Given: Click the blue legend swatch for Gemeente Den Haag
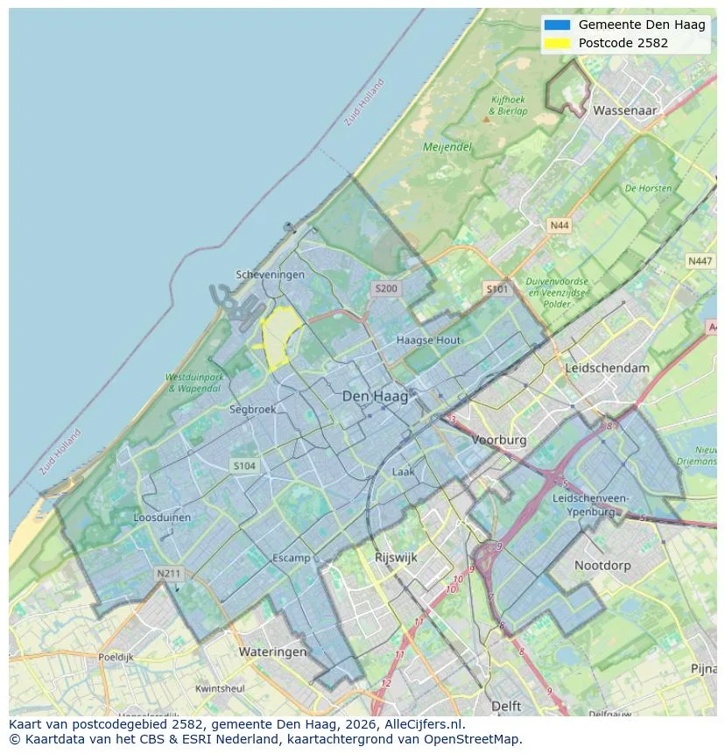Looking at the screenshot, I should (x=556, y=25).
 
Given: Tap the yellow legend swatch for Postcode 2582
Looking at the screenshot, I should (x=556, y=43).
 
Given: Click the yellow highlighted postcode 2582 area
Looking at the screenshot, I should (x=279, y=337).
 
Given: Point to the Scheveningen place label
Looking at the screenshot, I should (x=271, y=274).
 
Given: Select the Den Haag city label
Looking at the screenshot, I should (x=375, y=397).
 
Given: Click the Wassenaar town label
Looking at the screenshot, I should (x=624, y=111).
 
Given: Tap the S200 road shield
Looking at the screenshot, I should (x=385, y=288).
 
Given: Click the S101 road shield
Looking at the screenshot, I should (x=496, y=288).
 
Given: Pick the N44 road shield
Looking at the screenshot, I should (x=559, y=225).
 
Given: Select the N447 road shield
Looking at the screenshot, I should (x=700, y=261).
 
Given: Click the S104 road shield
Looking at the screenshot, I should (x=244, y=466).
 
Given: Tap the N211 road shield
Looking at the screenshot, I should (x=168, y=574).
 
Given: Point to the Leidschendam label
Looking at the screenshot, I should (x=608, y=368).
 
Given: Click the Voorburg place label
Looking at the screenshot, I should (x=499, y=440).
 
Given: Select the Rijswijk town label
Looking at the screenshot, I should (x=396, y=557).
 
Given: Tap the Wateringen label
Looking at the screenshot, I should (x=272, y=652).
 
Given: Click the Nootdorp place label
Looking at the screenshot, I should (x=602, y=566).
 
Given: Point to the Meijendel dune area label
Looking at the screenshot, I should (x=447, y=147).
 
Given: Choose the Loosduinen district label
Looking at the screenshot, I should (x=162, y=518).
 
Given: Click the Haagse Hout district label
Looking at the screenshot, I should (x=428, y=340).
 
